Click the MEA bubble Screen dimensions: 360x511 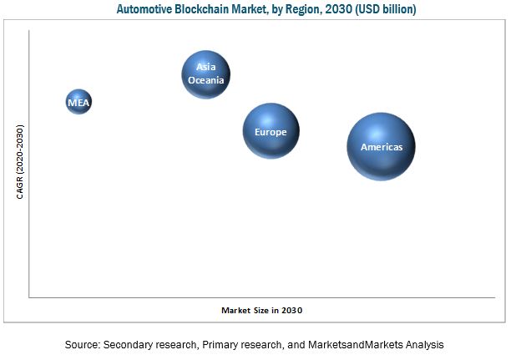coord(78,103)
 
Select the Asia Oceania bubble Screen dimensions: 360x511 coord(206,74)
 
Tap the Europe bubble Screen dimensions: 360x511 coord(271,132)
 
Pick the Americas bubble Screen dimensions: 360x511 coord(381,146)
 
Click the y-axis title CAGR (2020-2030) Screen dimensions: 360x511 coord(19,161)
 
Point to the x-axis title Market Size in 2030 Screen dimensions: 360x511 coord(261,310)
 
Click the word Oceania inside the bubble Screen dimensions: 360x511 coord(206,80)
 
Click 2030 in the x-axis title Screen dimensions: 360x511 coord(291,310)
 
